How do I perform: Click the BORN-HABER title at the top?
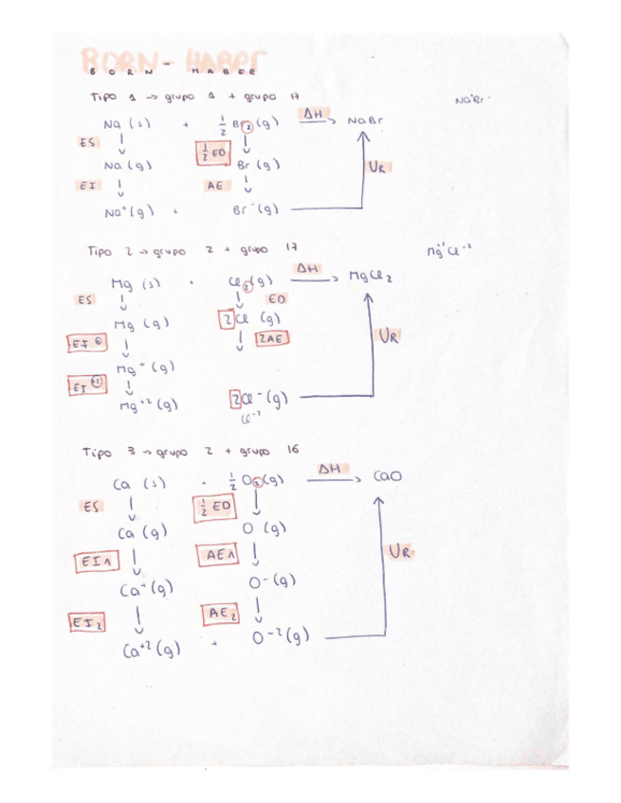(x=174, y=64)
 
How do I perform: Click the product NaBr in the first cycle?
(x=365, y=121)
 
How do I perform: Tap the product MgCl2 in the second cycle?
(x=370, y=277)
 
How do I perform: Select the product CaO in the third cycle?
(x=387, y=476)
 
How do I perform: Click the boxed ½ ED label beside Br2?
(x=212, y=152)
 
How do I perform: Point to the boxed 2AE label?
(x=272, y=339)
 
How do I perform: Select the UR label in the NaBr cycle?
(x=377, y=168)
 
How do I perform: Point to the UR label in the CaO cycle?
(x=399, y=551)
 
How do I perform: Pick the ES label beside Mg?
(x=85, y=299)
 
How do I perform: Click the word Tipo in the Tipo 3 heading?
(x=98, y=452)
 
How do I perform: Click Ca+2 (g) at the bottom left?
(x=152, y=650)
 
